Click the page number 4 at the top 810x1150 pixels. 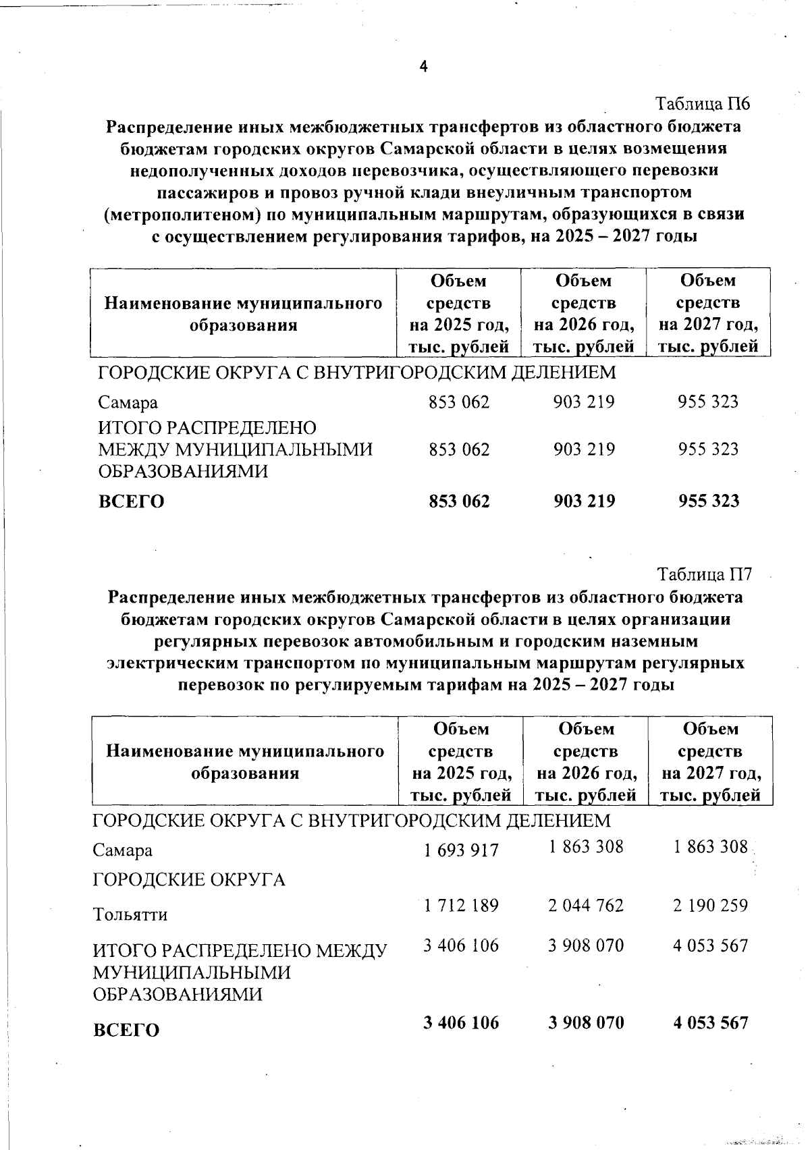click(423, 65)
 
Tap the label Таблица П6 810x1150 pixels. click(703, 105)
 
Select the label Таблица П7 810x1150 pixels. click(704, 575)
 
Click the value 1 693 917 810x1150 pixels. click(461, 850)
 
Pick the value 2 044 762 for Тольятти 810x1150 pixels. click(586, 905)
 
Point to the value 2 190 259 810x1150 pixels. click(710, 905)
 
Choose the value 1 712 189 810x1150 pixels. click(461, 905)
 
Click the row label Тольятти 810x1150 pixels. click(130, 914)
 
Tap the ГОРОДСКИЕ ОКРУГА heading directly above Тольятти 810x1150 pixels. click(189, 879)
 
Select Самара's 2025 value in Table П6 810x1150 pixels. click(459, 402)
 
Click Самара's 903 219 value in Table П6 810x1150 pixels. click(584, 402)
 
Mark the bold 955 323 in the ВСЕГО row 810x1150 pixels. click(709, 501)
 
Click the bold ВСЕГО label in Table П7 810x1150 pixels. click(126, 1030)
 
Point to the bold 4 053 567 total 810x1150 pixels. click(710, 1022)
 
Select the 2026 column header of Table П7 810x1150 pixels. click(586, 761)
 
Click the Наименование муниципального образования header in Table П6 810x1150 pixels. click(244, 314)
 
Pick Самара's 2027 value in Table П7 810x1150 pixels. click(710, 846)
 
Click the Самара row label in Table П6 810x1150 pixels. click(128, 403)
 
